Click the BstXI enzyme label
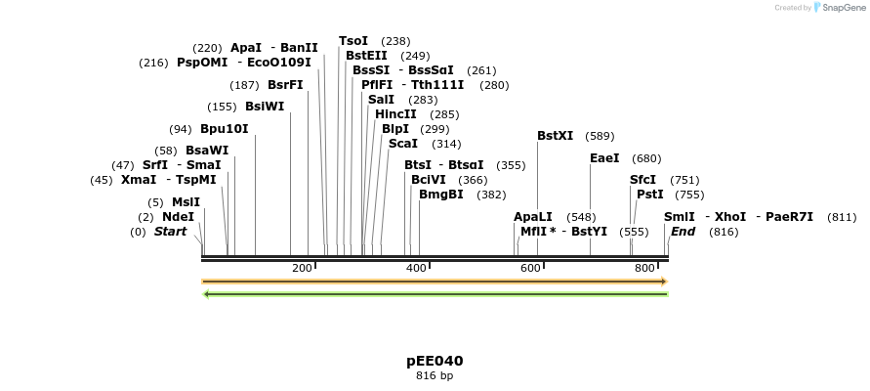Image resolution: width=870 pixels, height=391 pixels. [556, 136]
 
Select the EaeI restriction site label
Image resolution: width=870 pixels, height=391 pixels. [604, 158]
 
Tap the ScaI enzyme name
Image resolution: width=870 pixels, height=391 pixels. [403, 144]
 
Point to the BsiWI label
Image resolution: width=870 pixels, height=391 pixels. [265, 107]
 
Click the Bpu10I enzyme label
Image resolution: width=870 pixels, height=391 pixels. [224, 129]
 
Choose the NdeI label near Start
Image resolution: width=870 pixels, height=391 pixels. [178, 217]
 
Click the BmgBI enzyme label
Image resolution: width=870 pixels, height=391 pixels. [441, 195]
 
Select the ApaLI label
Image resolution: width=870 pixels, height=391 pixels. [533, 217]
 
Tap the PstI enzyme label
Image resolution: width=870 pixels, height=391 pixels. [650, 195]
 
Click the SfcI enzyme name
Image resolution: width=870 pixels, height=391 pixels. [643, 180]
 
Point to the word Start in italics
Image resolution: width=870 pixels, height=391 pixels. [170, 232]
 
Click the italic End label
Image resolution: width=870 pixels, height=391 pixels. [683, 232]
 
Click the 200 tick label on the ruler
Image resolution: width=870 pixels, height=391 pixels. [302, 268]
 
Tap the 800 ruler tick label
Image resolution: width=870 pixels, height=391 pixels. [644, 268]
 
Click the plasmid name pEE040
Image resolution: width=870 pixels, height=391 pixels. [435, 361]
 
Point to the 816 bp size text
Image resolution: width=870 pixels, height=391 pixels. [435, 375]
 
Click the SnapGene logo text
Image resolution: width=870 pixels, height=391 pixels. [842, 8]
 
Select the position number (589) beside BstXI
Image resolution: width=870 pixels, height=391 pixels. [601, 136]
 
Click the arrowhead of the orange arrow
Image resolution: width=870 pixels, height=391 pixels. [663, 282]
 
